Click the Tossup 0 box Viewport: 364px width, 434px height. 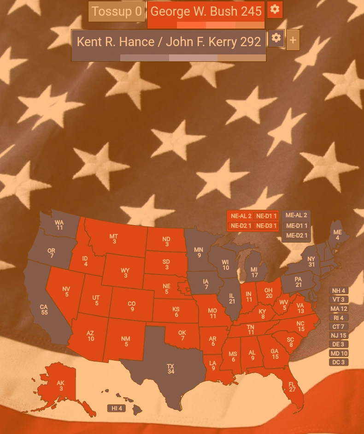[117, 12]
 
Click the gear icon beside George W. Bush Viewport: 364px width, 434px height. [275, 10]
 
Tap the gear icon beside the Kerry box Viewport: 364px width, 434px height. [276, 38]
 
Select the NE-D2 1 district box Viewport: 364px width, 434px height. [241, 226]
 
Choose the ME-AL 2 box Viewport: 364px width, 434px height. [296, 215]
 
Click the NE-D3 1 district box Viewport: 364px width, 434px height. [266, 226]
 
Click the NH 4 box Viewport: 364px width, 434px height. [339, 291]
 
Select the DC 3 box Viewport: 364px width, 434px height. [339, 362]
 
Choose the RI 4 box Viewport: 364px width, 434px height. [339, 318]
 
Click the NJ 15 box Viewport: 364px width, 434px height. [339, 335]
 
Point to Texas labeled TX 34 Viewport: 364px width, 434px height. [170, 369]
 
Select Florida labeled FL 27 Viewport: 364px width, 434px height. [292, 386]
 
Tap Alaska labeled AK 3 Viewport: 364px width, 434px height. [60, 386]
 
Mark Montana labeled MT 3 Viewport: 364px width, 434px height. [114, 239]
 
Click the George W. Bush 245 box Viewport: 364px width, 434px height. [206, 12]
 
